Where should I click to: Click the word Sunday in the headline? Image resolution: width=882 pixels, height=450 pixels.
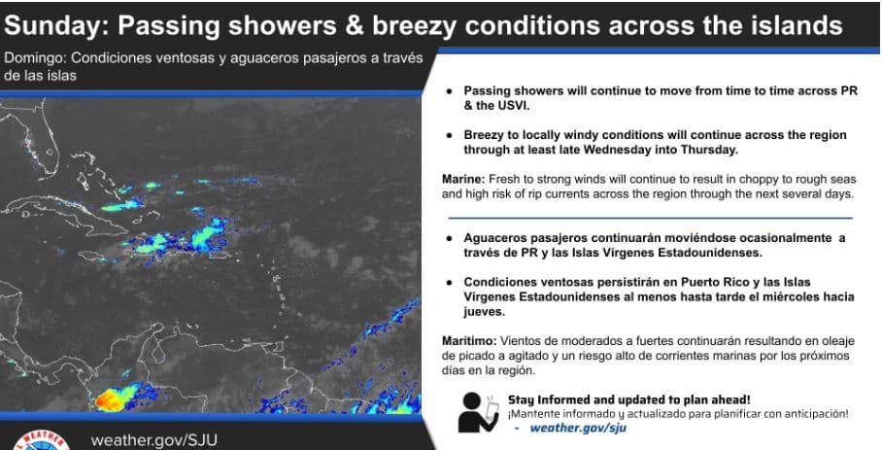click(55, 26)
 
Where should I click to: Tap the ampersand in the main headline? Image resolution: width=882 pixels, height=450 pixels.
click(355, 26)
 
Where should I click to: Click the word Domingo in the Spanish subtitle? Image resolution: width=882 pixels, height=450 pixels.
click(34, 58)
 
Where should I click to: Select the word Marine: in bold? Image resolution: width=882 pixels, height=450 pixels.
click(463, 180)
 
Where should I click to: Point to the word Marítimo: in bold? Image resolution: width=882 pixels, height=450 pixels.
click(469, 341)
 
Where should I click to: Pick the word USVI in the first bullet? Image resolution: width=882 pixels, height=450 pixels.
click(514, 105)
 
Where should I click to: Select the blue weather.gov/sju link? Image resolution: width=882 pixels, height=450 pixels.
click(578, 428)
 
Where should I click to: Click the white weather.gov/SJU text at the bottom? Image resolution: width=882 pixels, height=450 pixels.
click(153, 440)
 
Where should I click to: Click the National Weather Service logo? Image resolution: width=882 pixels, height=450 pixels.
click(40, 440)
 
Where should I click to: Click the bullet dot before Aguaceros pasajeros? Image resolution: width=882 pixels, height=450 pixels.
click(449, 238)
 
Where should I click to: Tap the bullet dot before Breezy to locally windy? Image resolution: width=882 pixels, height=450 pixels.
click(449, 135)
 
